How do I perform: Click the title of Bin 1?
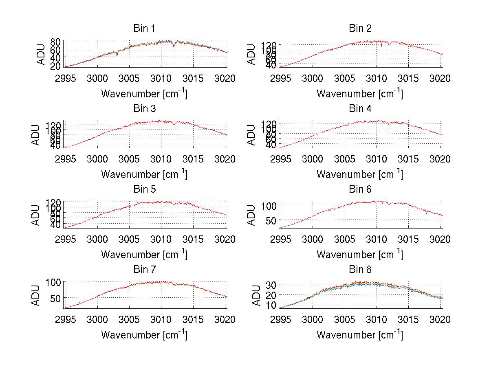coord(144,29)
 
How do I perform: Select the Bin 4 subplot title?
coord(360,109)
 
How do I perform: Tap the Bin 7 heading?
coord(144,270)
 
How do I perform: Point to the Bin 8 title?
coord(360,270)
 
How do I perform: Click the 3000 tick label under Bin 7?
coord(97,319)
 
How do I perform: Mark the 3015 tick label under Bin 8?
coord(408,319)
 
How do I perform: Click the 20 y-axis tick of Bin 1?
coord(56,66)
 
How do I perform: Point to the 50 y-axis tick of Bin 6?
coord(271,220)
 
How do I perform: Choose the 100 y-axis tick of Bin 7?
coord(54,282)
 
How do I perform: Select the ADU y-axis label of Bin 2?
coord(257,54)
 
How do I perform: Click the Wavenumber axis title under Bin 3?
coord(144,174)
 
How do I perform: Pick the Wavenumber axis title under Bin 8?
coord(360,335)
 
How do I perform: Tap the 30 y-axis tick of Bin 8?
coord(271,284)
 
